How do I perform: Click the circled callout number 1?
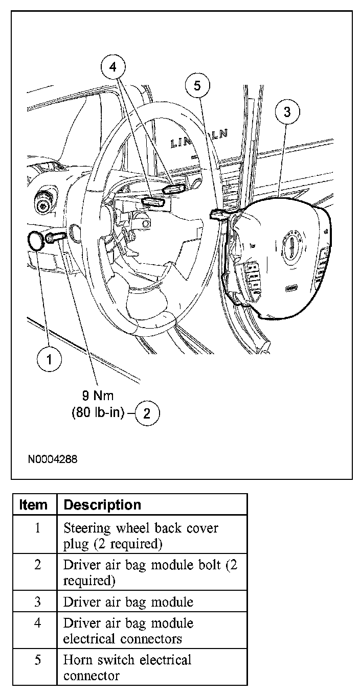click(49, 359)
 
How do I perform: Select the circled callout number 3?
click(287, 111)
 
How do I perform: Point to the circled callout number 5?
click(197, 86)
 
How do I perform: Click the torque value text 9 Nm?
click(98, 395)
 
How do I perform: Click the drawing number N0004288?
click(53, 459)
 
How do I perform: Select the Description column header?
click(102, 505)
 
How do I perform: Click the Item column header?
click(33, 505)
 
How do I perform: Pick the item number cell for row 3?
click(37, 602)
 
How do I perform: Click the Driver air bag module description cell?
click(128, 602)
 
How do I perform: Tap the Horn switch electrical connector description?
click(127, 667)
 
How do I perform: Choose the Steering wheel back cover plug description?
click(141, 536)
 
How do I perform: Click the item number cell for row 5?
click(37, 660)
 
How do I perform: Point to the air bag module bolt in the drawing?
click(55, 237)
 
